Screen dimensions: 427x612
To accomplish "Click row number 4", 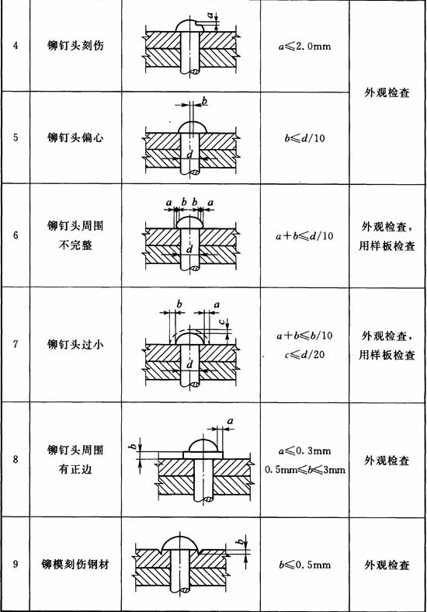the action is [x=16, y=46].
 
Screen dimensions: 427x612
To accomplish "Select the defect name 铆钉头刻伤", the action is [x=75, y=46].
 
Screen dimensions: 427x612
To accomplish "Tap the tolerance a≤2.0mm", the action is [x=304, y=47].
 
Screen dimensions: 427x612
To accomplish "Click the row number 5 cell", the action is [x=16, y=137].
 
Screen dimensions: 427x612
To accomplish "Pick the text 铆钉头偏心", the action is [x=75, y=137].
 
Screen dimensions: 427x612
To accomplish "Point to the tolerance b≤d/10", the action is [x=304, y=138].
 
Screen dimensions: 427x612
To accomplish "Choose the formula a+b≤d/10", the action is [x=304, y=236].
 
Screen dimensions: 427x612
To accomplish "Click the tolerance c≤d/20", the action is [x=304, y=355].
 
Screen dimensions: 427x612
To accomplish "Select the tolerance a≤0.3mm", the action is [x=304, y=451].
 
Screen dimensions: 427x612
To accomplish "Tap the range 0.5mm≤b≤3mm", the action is [x=305, y=470].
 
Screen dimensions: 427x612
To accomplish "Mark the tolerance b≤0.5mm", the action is [x=304, y=565].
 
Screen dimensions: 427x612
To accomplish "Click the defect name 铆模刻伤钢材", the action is [x=75, y=565].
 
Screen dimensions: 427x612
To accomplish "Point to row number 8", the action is [x=16, y=460].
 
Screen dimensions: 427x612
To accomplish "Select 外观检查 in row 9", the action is [x=387, y=565].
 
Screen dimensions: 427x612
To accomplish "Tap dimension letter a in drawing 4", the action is [x=210, y=16].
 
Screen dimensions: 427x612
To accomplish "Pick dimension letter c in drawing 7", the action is [x=221, y=322].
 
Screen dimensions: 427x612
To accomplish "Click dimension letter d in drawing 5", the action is [x=190, y=155].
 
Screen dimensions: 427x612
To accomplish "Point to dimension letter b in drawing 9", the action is [x=241, y=541].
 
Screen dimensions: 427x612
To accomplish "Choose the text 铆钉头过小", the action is [x=75, y=344].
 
